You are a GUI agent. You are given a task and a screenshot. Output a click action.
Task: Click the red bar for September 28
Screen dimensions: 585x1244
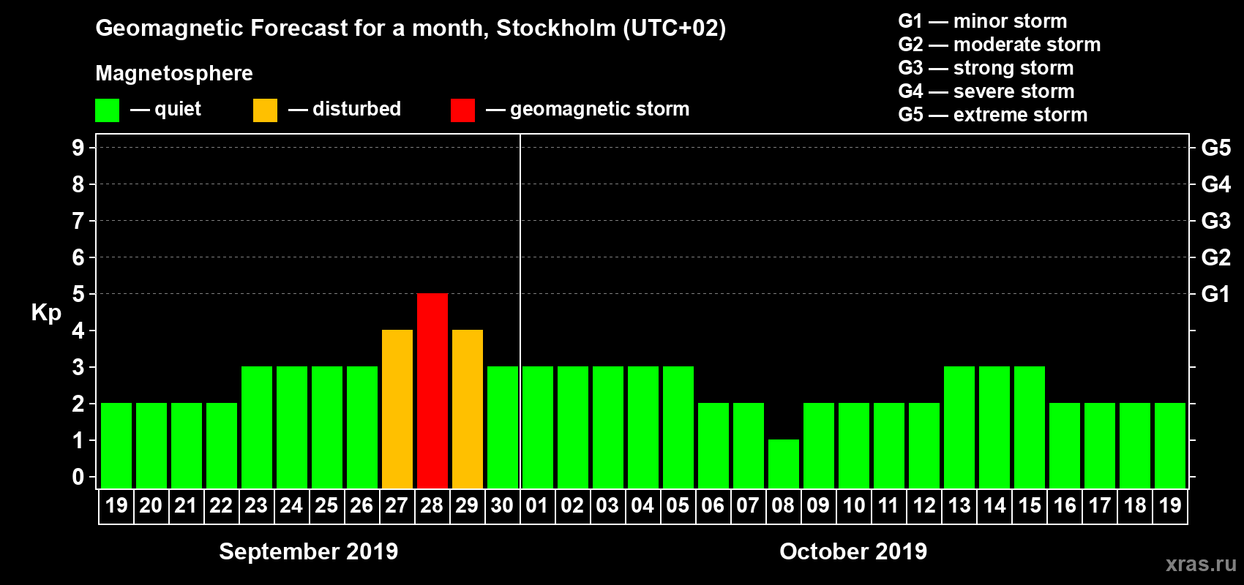[432, 390]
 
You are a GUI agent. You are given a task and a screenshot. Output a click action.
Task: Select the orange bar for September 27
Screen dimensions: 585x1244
[397, 409]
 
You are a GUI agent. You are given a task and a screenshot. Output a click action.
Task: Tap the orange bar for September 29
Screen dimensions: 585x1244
[468, 409]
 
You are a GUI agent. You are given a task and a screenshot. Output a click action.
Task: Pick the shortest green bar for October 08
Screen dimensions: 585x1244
[784, 464]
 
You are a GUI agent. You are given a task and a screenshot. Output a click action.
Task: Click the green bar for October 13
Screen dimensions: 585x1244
[959, 427]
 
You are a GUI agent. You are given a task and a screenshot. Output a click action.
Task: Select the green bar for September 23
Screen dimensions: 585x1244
[257, 427]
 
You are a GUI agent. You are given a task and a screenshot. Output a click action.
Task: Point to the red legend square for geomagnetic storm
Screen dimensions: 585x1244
[462, 110]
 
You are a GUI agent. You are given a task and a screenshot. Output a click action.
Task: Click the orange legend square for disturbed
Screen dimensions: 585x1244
[265, 110]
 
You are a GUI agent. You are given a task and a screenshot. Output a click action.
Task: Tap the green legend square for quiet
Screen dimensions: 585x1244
[108, 110]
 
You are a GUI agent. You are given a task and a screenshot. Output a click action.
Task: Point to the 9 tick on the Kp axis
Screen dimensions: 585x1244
[78, 148]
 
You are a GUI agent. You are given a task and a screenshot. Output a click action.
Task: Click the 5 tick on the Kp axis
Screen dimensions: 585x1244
[78, 294]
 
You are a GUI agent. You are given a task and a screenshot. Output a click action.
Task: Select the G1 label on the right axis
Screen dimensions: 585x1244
[1215, 294]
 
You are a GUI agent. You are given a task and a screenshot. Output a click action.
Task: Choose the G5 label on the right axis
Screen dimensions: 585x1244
[1215, 148]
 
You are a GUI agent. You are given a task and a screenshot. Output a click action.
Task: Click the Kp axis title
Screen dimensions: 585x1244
[46, 313]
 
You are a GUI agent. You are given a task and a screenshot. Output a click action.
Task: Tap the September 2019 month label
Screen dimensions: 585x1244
[308, 551]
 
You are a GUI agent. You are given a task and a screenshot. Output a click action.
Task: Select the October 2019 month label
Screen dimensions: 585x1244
[853, 551]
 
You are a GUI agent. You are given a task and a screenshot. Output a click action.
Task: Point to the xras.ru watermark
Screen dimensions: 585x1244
[1200, 564]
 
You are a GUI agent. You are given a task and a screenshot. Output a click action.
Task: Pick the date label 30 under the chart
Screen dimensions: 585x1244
[502, 505]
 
